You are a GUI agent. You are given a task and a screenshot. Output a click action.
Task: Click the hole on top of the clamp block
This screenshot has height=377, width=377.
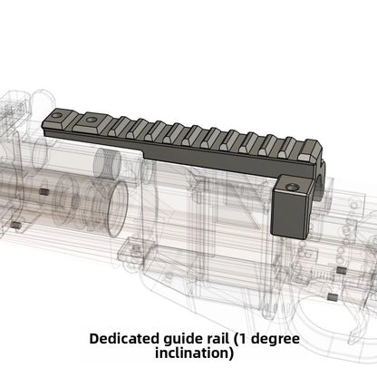(x=294, y=184)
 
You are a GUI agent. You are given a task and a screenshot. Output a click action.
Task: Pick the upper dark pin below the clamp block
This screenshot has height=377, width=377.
(x=337, y=269)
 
